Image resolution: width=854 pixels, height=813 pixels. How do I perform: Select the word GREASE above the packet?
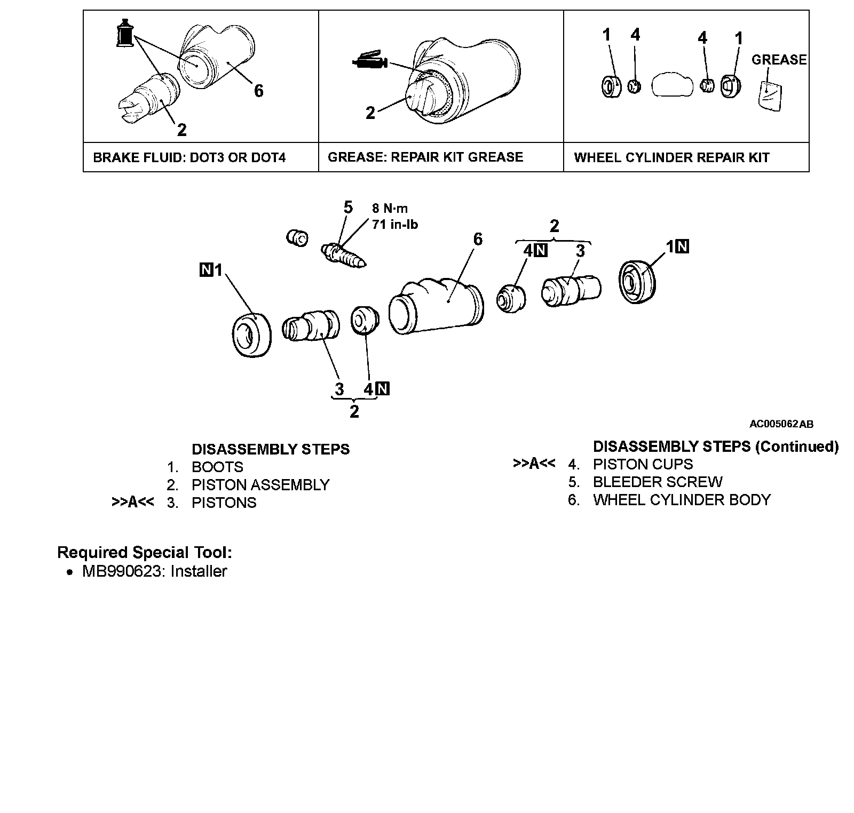[779, 60]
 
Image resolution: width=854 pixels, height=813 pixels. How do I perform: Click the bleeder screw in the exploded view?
[343, 254]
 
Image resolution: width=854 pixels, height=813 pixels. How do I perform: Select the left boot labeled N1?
[252, 334]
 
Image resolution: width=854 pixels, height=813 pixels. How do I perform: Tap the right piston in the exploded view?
[571, 290]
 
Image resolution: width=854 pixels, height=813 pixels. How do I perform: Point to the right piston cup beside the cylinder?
[511, 299]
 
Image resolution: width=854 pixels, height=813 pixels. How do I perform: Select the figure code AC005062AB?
[781, 424]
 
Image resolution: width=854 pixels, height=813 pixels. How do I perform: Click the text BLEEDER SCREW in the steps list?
[658, 482]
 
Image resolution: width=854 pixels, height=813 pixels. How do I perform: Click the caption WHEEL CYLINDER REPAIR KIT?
[671, 158]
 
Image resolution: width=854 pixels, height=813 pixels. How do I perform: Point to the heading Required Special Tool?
[145, 552]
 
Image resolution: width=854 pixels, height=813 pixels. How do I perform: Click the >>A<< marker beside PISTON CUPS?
[534, 464]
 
